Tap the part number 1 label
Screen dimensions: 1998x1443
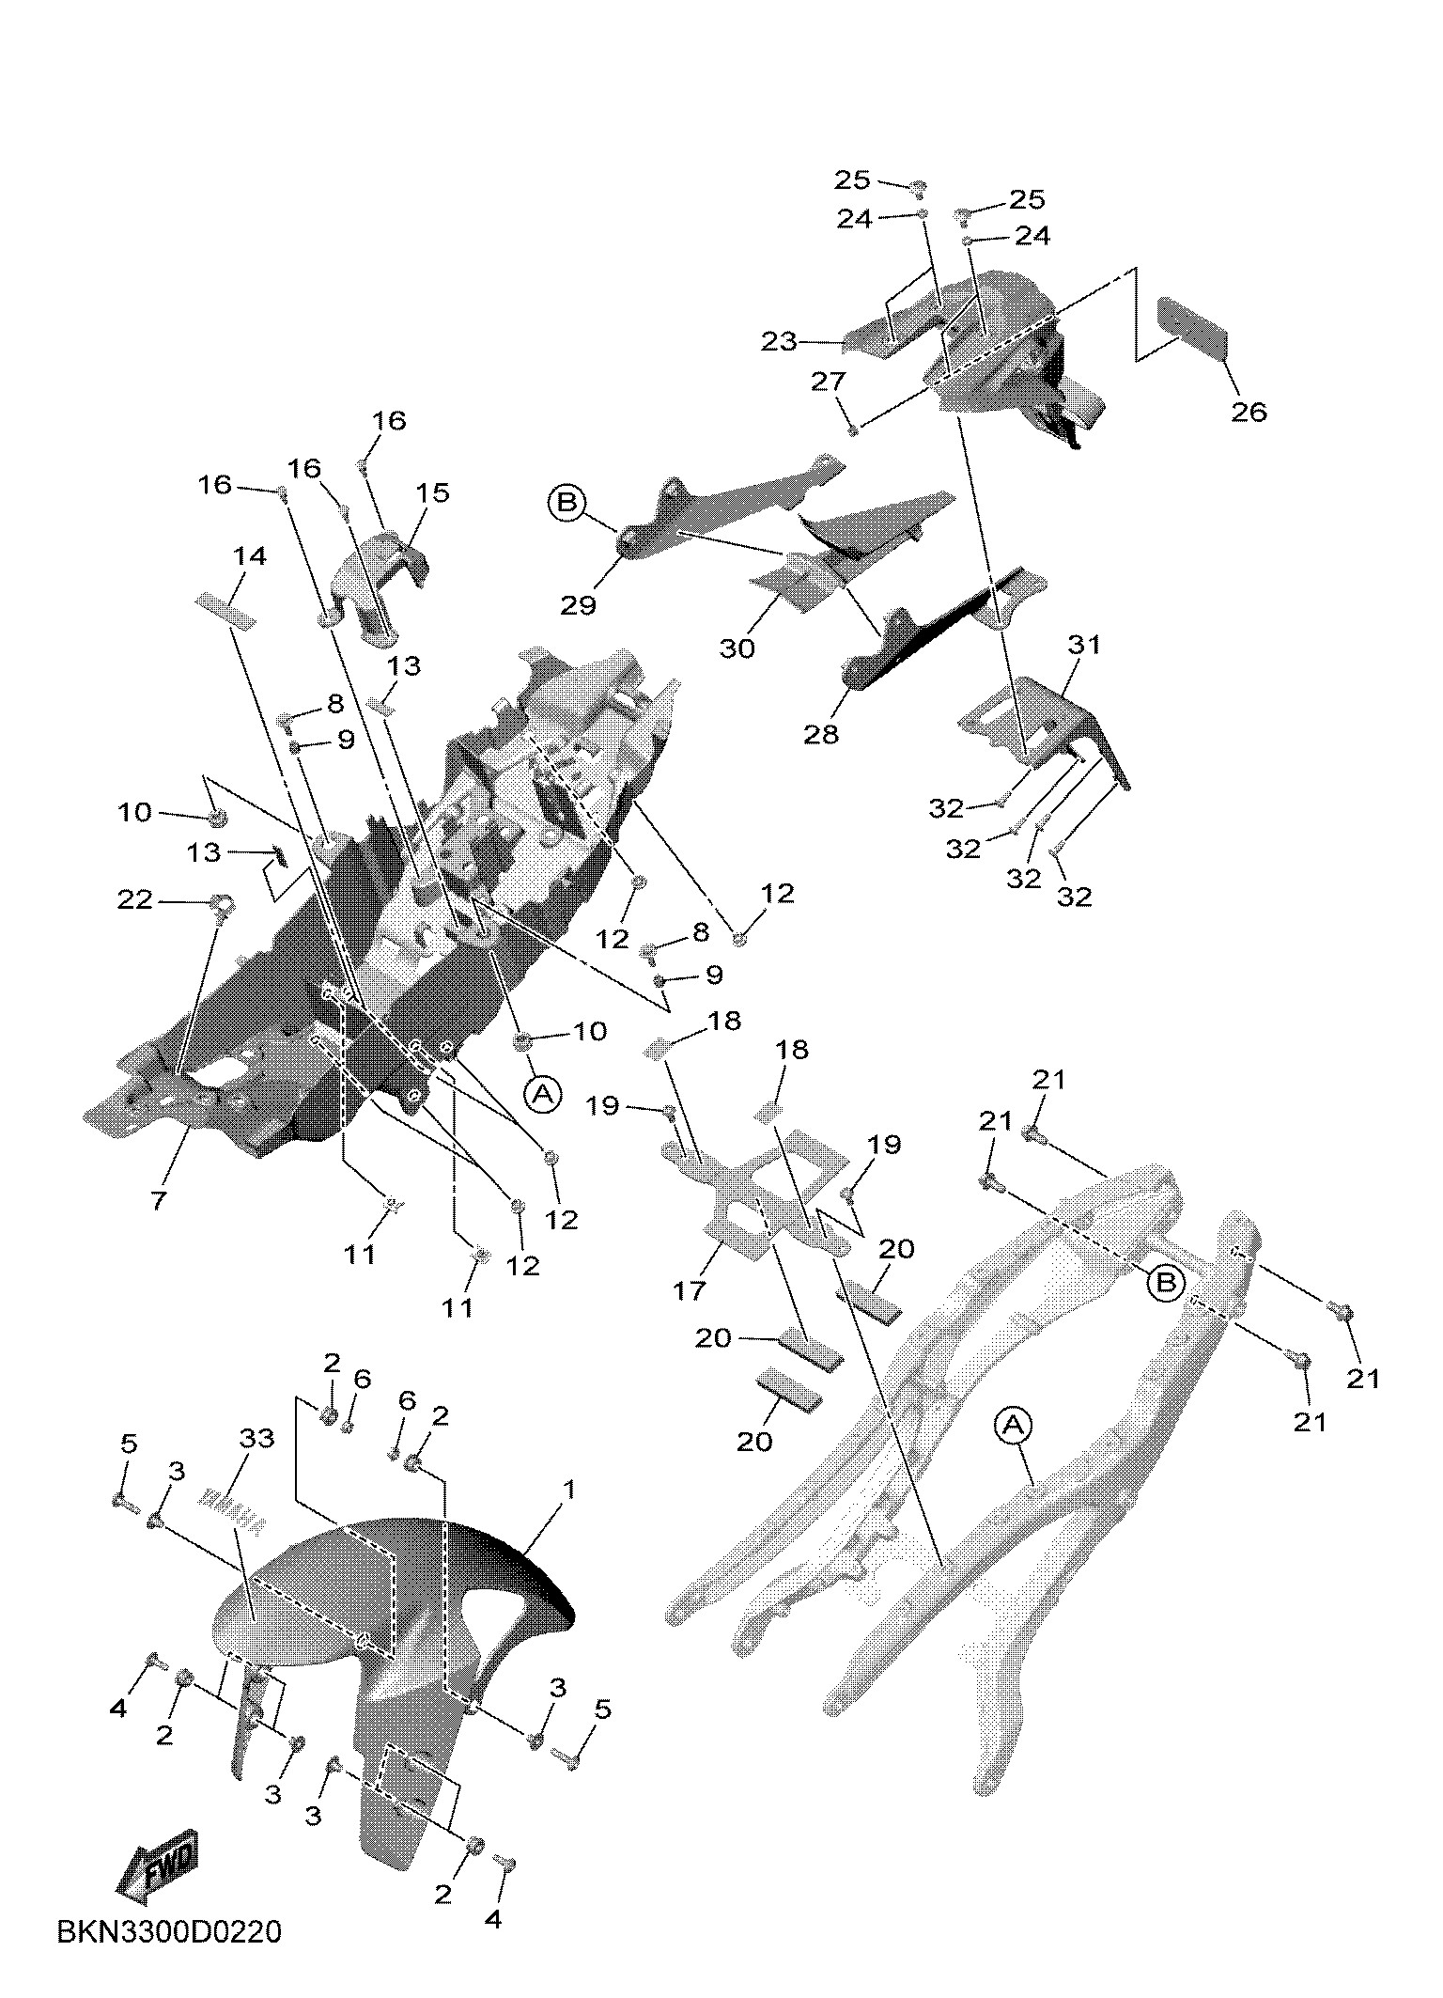click(567, 1491)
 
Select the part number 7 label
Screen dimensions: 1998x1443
click(159, 1199)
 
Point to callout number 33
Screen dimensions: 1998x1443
click(256, 1439)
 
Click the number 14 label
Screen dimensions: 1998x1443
click(250, 556)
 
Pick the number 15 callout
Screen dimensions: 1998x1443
click(433, 492)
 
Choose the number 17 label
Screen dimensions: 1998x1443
click(690, 1290)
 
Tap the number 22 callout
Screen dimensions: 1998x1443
click(134, 899)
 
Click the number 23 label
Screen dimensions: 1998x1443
click(779, 342)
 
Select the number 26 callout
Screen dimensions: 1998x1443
click(1249, 412)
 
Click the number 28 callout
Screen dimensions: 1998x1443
click(821, 734)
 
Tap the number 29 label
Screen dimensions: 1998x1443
click(579, 605)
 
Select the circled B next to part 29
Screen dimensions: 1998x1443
click(566, 503)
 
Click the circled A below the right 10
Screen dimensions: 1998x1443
click(542, 1093)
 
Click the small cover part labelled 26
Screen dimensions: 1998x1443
click(1193, 327)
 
